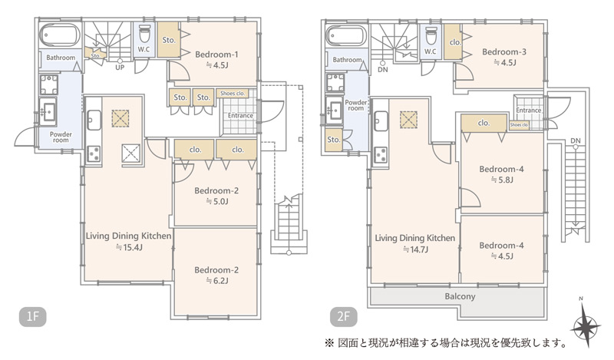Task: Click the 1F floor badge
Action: point(32,316)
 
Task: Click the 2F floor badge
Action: point(343,316)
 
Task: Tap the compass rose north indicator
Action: point(586,326)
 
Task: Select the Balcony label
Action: point(460,296)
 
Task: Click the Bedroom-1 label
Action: point(216,54)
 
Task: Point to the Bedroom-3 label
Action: point(504,51)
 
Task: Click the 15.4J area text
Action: point(129,247)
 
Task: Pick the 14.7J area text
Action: point(415,249)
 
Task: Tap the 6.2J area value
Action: point(217,280)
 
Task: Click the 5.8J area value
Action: point(502,180)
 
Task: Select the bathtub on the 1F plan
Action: point(60,35)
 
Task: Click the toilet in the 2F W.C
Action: point(431,36)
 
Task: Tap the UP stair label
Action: point(120,68)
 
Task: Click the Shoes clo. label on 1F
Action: point(233,93)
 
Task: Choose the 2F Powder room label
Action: point(355,105)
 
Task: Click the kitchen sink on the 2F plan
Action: point(381,121)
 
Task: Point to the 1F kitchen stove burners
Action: point(94,154)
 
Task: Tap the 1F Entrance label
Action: point(240,116)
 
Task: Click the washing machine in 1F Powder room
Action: point(48,85)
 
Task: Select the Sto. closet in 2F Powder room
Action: point(334,140)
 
